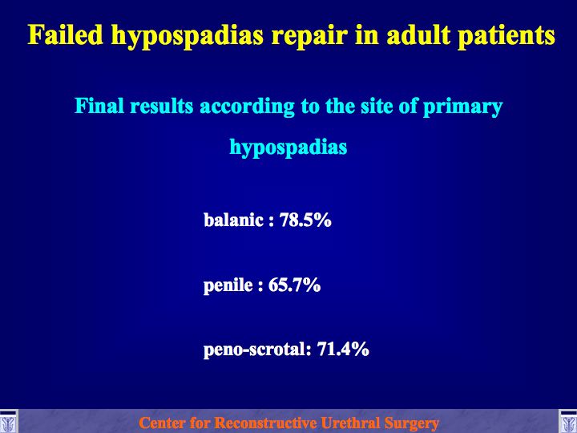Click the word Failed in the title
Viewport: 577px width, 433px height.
(x=66, y=34)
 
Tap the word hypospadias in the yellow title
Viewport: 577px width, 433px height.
(x=188, y=37)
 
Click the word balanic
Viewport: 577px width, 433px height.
(x=234, y=220)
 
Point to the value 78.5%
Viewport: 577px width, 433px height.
(x=305, y=220)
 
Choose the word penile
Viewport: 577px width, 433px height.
(x=228, y=285)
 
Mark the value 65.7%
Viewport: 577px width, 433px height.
(x=294, y=285)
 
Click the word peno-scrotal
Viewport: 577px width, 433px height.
(x=254, y=350)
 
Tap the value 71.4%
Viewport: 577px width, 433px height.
(x=343, y=349)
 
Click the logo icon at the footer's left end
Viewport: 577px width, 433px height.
(x=9, y=421)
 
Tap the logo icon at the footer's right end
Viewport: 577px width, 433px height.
(x=568, y=421)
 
